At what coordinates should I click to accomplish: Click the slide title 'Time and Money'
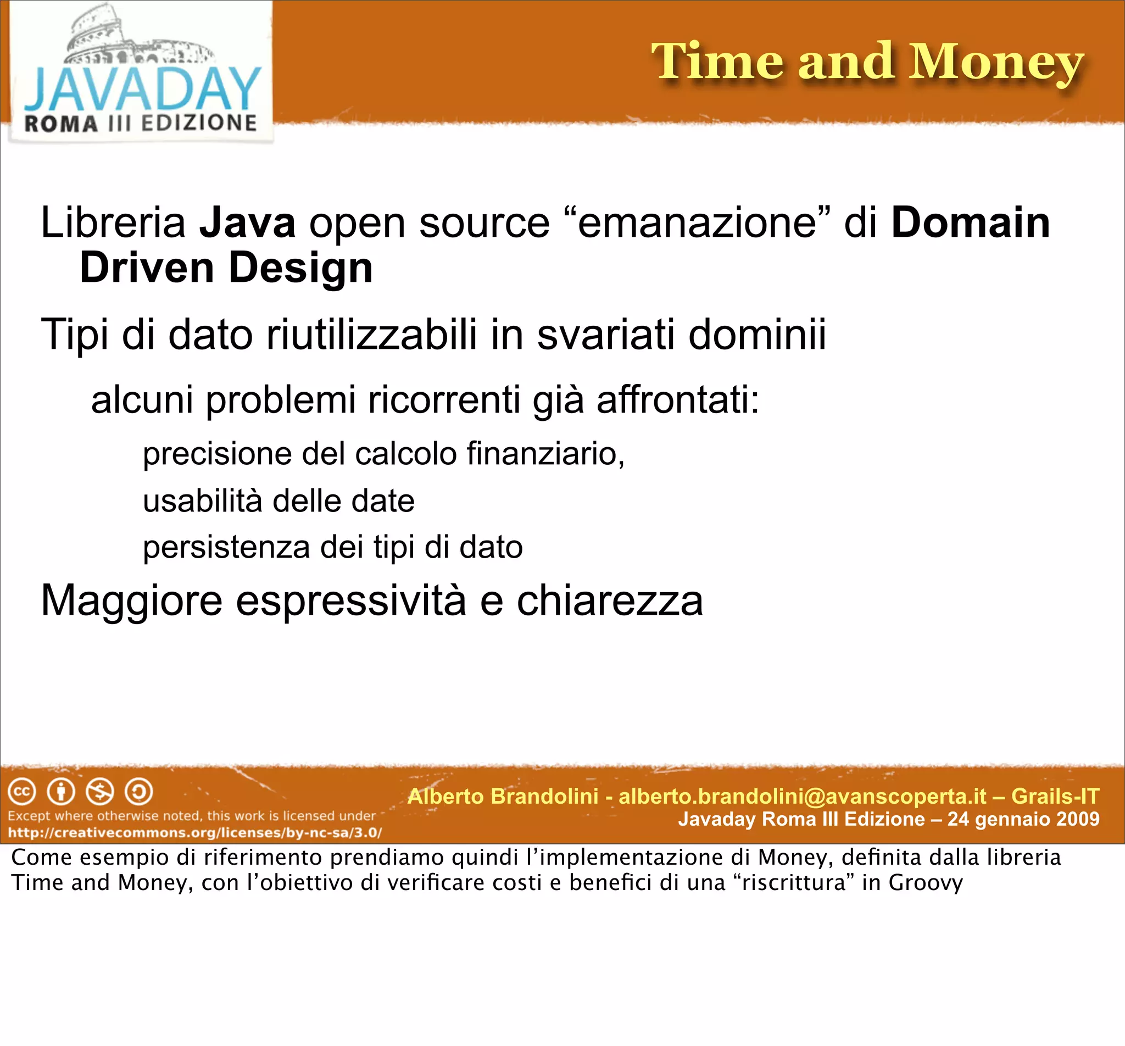pos(867,62)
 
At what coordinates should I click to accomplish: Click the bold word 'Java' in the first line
pos(247,222)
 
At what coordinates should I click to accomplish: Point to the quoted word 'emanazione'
pos(697,222)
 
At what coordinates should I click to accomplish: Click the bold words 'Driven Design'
pos(226,268)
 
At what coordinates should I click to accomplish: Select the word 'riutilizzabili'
pos(371,334)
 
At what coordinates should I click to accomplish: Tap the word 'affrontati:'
pos(678,399)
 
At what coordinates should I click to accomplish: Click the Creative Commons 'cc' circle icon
pos(22,792)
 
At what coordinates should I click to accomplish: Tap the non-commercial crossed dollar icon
pos(99,792)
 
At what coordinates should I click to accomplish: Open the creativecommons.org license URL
pos(194,833)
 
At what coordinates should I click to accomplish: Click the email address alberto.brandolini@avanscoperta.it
pos(803,797)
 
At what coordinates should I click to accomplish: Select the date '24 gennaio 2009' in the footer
pos(1023,819)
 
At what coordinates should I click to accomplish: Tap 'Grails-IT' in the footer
pos(1055,797)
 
